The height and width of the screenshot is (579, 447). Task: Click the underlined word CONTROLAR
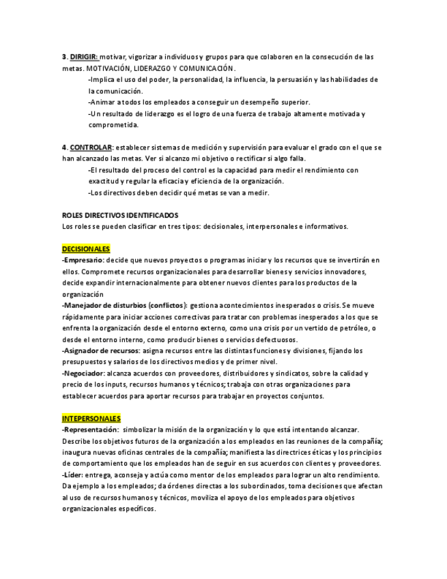pos(91,147)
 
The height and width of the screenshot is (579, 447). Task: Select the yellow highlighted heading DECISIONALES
pos(86,249)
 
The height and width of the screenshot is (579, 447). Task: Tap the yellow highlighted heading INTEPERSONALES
pos(91,418)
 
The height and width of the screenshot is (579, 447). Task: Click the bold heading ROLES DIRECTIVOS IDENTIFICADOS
pos(120,215)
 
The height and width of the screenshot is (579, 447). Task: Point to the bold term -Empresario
pos(83,260)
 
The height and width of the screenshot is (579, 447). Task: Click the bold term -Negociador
pos(83,373)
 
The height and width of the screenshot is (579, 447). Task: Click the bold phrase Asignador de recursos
pos(101,350)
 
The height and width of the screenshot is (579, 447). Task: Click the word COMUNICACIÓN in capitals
pos(211,68)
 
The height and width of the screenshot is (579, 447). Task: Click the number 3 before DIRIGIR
pos(64,57)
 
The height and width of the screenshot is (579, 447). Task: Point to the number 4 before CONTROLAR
pos(64,147)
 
